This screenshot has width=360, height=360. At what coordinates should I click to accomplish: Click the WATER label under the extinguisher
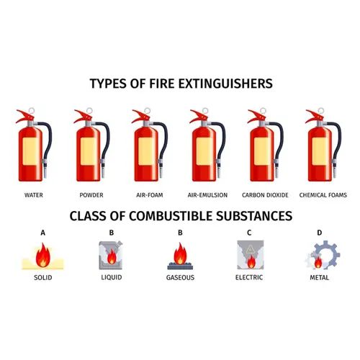(34, 195)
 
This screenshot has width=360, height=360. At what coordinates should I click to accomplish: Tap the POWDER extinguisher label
(91, 195)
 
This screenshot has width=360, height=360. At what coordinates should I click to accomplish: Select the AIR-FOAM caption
(150, 195)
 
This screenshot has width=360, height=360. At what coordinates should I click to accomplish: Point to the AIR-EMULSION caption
(207, 195)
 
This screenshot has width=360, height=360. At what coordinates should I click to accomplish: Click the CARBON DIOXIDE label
(265, 195)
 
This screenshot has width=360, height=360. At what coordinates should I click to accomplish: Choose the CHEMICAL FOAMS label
(323, 195)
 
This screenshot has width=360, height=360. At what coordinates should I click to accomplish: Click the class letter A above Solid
(43, 233)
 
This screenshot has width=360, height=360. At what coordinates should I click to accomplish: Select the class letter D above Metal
(320, 233)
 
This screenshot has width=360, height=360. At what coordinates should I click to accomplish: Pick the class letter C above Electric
(249, 233)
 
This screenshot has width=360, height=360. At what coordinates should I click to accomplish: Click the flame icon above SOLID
(43, 256)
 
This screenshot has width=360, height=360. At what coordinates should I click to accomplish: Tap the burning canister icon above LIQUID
(111, 256)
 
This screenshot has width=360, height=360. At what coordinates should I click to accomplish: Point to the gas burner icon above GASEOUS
(180, 256)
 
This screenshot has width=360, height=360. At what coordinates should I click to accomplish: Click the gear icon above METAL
(323, 255)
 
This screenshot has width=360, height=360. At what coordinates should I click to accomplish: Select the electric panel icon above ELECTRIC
(251, 255)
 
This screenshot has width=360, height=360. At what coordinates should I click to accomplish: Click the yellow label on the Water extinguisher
(30, 151)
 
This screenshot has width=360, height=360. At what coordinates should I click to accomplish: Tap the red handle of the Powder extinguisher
(83, 116)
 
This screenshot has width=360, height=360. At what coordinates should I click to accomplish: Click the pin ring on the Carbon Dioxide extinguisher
(263, 111)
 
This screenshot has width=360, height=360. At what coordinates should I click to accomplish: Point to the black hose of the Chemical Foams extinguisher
(337, 142)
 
